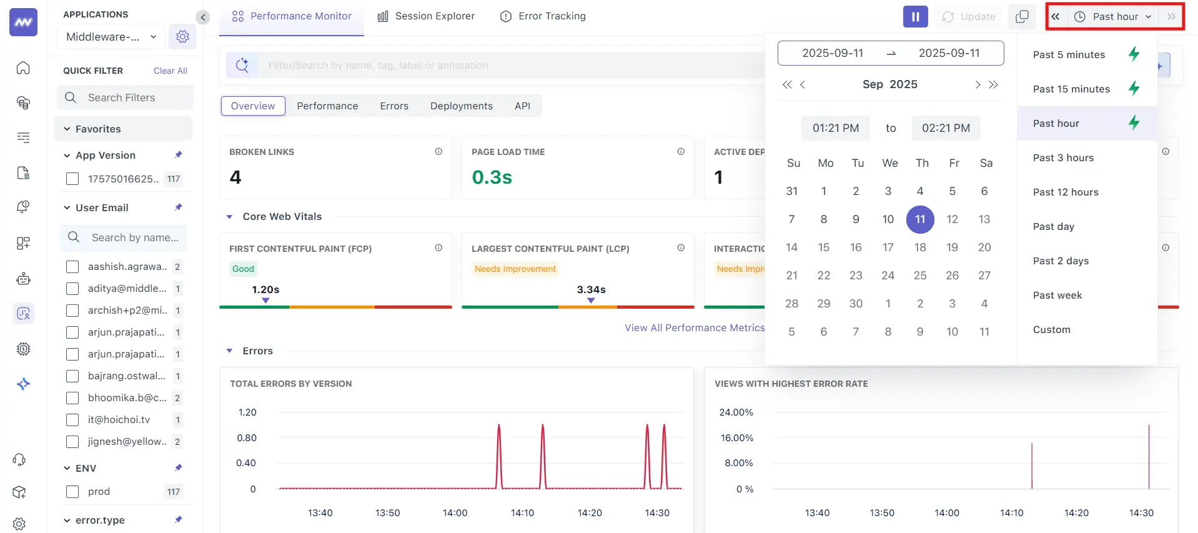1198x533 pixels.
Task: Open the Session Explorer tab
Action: click(427, 16)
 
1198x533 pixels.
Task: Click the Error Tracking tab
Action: click(543, 16)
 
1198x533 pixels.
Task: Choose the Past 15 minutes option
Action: click(1071, 89)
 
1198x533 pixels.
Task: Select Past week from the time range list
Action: click(1057, 295)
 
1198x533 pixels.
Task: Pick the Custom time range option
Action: click(1051, 329)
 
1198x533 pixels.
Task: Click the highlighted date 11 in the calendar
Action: click(920, 219)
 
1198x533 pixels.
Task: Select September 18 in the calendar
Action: click(920, 247)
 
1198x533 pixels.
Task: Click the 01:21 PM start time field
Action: click(836, 128)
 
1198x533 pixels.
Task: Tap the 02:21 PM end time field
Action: click(946, 128)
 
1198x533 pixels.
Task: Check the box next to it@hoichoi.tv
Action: click(72, 420)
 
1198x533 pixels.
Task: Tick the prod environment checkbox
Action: click(72, 492)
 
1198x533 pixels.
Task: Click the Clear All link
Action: click(170, 71)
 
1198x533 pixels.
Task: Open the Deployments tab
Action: click(461, 106)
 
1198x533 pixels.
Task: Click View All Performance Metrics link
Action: click(695, 327)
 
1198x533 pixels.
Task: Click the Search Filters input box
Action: click(131, 97)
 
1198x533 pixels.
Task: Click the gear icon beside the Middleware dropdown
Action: click(182, 37)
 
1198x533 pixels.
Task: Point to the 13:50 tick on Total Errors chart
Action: click(387, 512)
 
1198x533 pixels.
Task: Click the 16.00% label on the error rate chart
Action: click(737, 438)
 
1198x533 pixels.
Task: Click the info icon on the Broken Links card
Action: click(438, 151)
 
